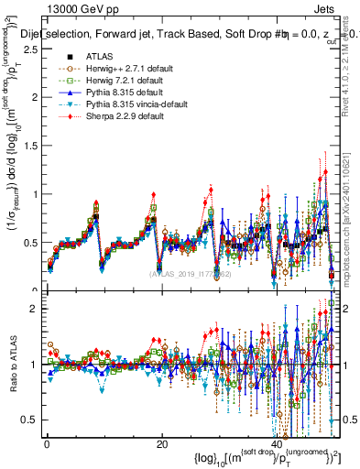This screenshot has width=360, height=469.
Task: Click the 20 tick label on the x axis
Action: pos(161,444)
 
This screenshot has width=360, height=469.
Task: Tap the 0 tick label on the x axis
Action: pos(47,444)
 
